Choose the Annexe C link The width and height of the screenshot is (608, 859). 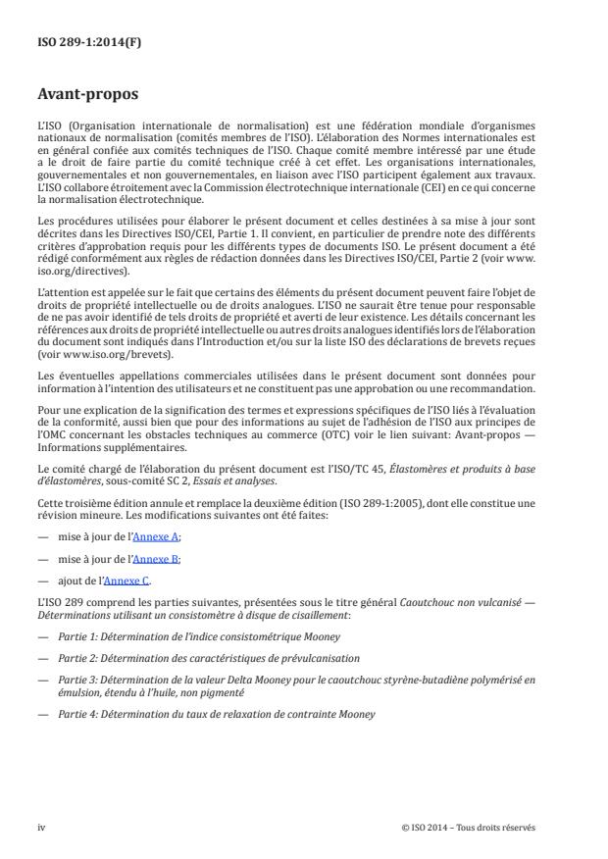point(131,580)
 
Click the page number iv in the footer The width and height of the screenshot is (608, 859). point(42,827)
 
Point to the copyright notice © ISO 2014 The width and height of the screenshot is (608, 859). point(468,827)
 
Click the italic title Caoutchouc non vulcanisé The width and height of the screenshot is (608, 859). point(464,601)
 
